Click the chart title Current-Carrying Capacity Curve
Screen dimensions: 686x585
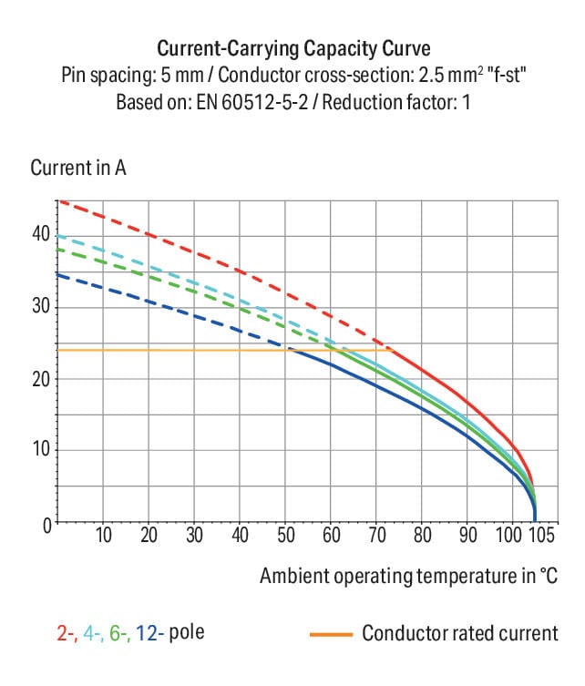click(292, 48)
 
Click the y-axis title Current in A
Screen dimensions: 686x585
click(78, 169)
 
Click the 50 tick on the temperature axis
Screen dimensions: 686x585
click(285, 535)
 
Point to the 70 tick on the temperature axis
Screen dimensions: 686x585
click(376, 535)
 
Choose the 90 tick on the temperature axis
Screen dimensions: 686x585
click(467, 535)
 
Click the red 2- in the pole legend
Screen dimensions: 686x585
click(66, 632)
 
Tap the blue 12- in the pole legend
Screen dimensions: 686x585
click(148, 632)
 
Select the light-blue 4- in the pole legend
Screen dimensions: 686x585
click(92, 632)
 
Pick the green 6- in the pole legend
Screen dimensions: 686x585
click(118, 632)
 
